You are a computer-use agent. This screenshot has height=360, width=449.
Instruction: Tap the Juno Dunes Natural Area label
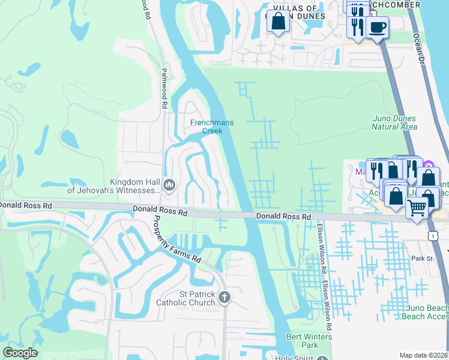click(x=394, y=122)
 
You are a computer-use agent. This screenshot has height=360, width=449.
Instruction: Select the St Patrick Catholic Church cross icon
click(x=224, y=298)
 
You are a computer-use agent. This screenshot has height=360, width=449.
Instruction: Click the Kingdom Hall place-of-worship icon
click(x=169, y=186)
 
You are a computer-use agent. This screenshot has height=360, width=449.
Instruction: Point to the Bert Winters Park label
click(x=309, y=341)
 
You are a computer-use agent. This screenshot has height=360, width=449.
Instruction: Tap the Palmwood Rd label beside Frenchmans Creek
click(x=163, y=87)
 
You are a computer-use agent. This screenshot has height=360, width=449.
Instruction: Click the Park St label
click(x=422, y=258)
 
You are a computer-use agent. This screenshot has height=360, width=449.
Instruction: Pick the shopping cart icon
click(x=417, y=207)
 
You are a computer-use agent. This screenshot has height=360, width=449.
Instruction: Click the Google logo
click(x=20, y=353)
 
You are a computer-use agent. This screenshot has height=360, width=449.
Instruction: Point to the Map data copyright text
click(x=424, y=355)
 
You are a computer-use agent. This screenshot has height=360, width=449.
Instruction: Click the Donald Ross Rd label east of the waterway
click(x=283, y=216)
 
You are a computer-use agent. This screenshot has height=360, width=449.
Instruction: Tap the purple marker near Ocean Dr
click(x=428, y=166)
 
